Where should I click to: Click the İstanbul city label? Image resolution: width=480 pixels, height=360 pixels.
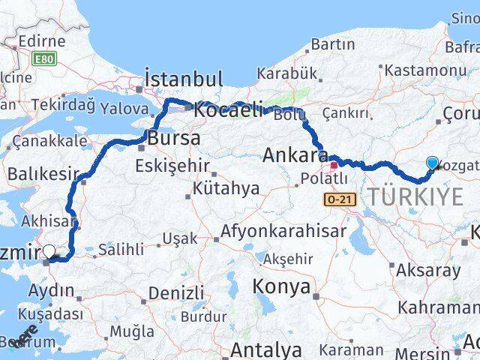[x=183, y=79]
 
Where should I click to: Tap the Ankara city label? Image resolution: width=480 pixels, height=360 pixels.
[x=295, y=156]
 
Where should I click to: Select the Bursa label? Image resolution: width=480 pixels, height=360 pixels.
[x=174, y=139]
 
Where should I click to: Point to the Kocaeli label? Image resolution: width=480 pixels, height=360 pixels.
[x=228, y=110]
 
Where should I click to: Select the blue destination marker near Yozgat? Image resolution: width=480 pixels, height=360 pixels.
[x=432, y=163]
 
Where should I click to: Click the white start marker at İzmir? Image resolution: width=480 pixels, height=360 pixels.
[x=50, y=252]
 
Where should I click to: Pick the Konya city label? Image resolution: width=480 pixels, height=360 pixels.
[x=280, y=286]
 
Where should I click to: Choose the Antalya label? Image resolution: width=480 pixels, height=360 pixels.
[x=266, y=349]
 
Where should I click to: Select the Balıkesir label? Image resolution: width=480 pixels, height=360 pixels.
[x=42, y=174]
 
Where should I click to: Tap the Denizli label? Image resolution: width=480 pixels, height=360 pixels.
[x=176, y=293]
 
